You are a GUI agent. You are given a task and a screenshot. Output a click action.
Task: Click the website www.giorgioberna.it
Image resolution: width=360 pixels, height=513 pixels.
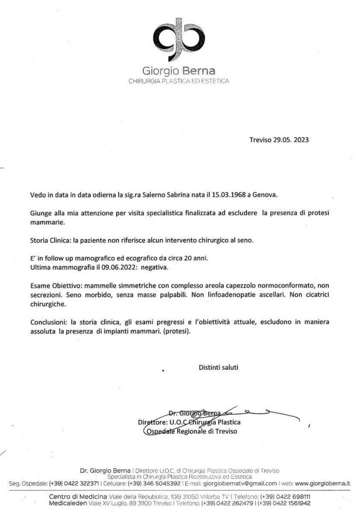pos(322,484)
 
